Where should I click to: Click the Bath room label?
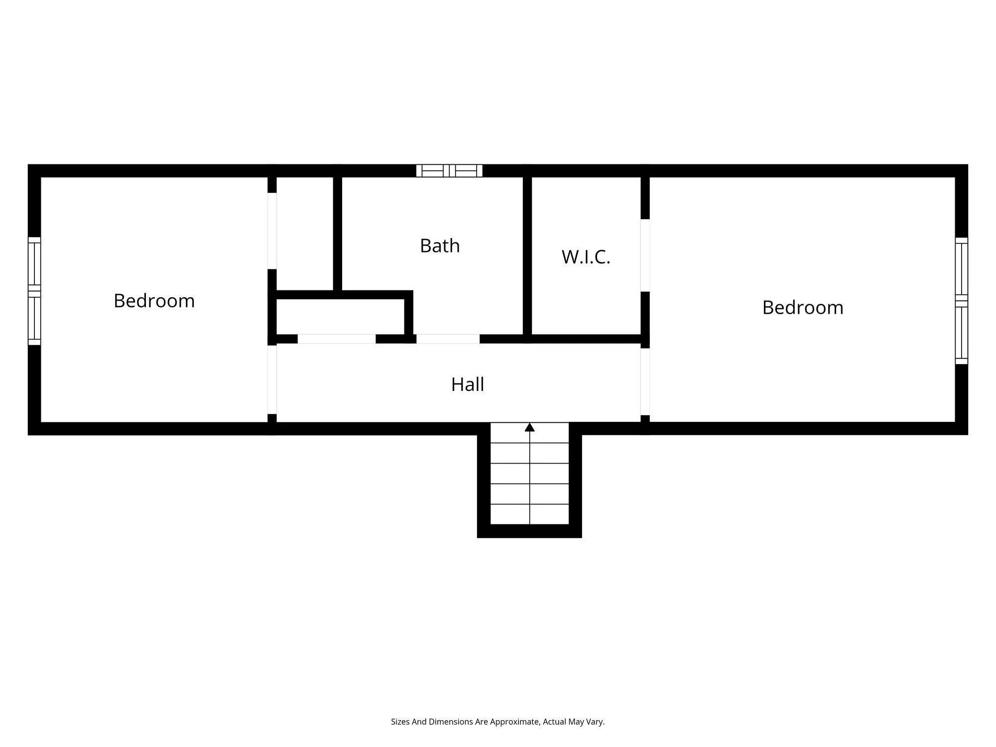pyautogui.click(x=440, y=246)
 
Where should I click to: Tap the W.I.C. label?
pyautogui.click(x=586, y=257)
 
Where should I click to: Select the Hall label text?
pyautogui.click(x=468, y=384)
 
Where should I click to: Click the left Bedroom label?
pyautogui.click(x=154, y=301)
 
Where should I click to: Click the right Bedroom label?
pyautogui.click(x=802, y=308)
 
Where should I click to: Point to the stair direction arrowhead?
pyautogui.click(x=529, y=427)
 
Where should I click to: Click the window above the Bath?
pyautogui.click(x=449, y=171)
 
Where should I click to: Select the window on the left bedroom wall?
pyautogui.click(x=34, y=291)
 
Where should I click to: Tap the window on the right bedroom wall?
pyautogui.click(x=961, y=301)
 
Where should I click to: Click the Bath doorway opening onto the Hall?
pyautogui.click(x=448, y=339)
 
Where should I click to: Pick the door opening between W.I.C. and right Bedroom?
pyautogui.click(x=645, y=255)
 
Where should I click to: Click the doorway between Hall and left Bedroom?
pyautogui.click(x=272, y=379)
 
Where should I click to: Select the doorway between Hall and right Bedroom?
pyautogui.click(x=645, y=381)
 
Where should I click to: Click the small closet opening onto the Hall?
pyautogui.click(x=337, y=339)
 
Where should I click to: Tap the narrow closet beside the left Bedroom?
pyautogui.click(x=304, y=233)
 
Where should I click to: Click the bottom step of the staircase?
pyautogui.click(x=529, y=514)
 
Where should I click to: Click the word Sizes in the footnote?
pyautogui.click(x=400, y=722)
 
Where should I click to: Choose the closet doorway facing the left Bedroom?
pyautogui.click(x=272, y=231)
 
